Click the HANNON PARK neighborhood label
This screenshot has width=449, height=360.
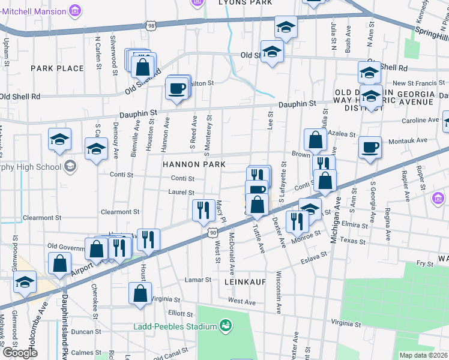[193, 164]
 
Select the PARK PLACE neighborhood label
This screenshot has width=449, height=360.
[58, 68]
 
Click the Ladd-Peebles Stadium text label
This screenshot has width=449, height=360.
[175, 326]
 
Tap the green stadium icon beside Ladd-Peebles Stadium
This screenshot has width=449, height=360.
[226, 325]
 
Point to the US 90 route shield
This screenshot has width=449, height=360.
[213, 232]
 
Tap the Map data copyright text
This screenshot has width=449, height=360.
[423, 355]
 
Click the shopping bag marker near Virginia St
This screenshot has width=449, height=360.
[140, 293]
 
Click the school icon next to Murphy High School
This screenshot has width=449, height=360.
[70, 166]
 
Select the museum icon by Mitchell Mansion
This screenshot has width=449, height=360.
[74, 10]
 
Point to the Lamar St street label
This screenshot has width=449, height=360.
[199, 280]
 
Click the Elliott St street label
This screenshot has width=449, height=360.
[181, 313]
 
